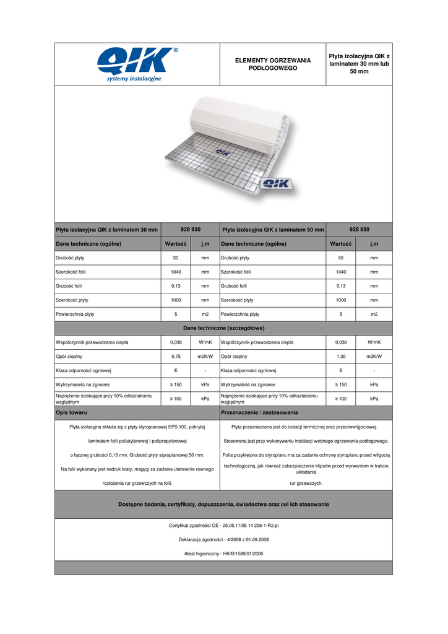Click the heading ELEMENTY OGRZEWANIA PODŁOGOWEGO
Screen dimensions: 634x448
[x=272, y=64]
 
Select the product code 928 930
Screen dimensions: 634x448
[x=190, y=229]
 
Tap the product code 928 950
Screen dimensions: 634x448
[x=359, y=228]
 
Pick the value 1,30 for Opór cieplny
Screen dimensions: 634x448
[x=340, y=356]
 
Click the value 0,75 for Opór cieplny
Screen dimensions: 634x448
[x=176, y=356]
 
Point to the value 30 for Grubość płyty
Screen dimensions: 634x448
[x=176, y=257]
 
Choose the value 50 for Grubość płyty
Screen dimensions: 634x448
[x=340, y=257]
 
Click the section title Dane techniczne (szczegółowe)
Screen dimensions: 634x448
[x=223, y=328]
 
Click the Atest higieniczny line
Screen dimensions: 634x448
[x=223, y=553]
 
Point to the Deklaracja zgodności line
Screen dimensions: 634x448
[x=223, y=539]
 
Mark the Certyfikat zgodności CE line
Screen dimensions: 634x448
[x=223, y=525]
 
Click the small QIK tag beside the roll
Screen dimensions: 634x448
[x=278, y=184]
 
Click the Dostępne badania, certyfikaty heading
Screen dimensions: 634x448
[x=223, y=504]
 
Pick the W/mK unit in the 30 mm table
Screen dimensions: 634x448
[x=205, y=342]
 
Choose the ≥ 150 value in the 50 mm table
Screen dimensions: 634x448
[x=340, y=384]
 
